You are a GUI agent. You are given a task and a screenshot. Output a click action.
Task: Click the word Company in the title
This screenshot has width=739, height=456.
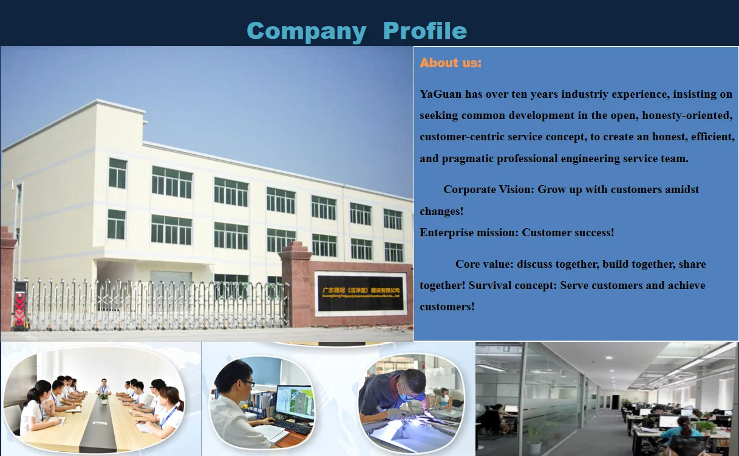point(306,31)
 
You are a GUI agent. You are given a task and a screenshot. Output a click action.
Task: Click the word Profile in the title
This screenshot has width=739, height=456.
point(425,31)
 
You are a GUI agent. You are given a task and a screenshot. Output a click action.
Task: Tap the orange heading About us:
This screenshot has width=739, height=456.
point(450,63)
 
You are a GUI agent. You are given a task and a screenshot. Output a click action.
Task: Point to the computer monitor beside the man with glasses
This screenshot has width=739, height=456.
point(295,402)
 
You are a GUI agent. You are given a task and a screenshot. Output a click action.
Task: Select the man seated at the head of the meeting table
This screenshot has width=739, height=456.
point(104,387)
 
